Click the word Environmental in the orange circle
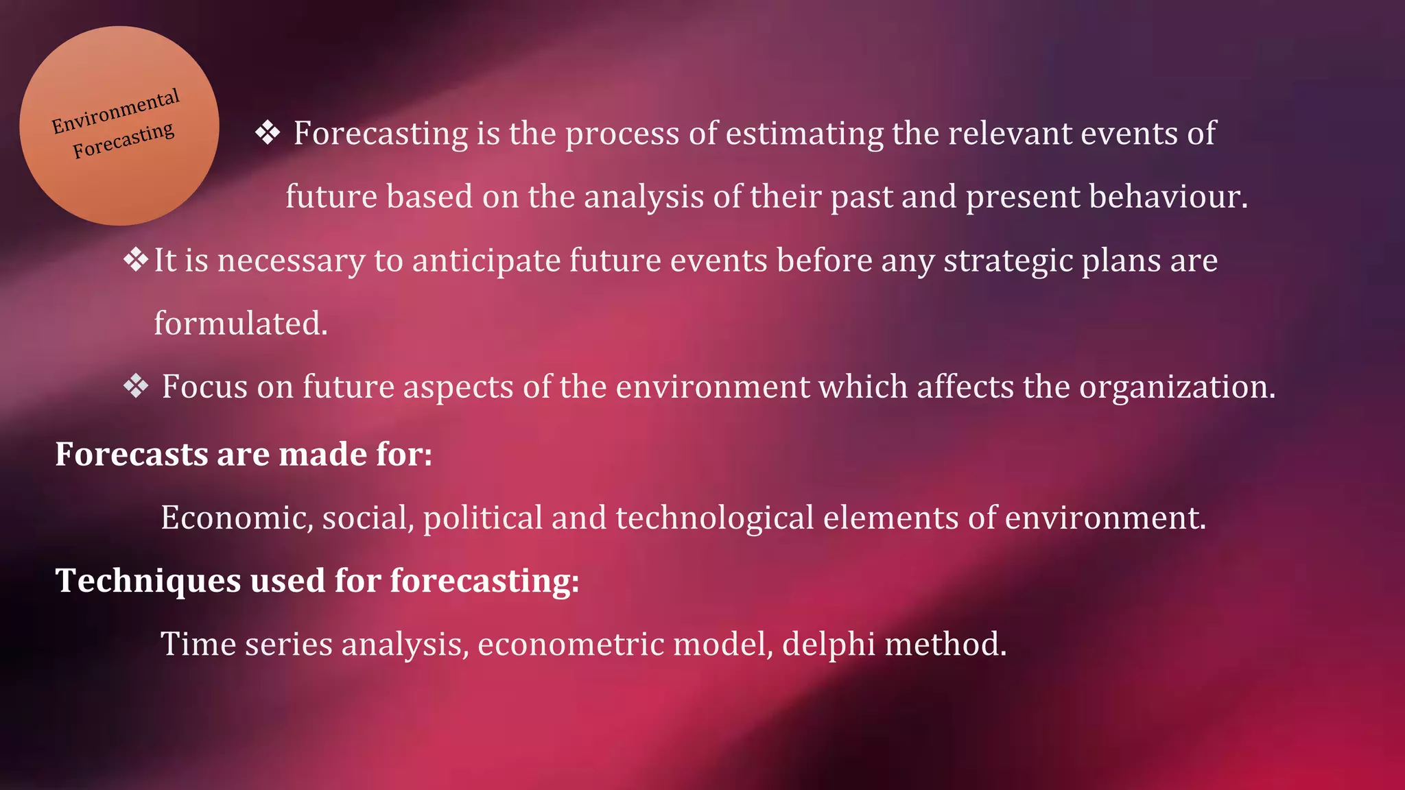tap(116, 111)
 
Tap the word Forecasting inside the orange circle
tap(123, 140)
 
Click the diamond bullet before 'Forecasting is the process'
tap(268, 132)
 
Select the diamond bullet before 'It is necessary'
tap(136, 259)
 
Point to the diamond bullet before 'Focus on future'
tap(136, 386)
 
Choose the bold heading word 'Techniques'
tap(147, 581)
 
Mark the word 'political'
tap(483, 518)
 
